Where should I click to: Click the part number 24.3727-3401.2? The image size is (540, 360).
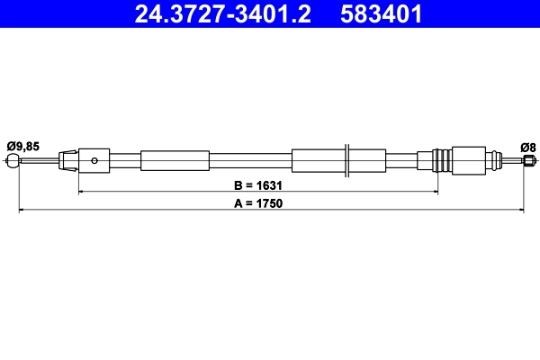coord(224,13)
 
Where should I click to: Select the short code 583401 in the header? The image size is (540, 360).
coord(382,13)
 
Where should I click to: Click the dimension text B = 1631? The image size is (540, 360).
coord(258,185)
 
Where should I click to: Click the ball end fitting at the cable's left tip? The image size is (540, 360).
coord(12,162)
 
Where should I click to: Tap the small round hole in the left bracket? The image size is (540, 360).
coord(94,161)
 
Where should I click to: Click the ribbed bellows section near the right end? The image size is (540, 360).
coord(441,161)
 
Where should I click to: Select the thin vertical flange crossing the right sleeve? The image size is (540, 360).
coord(347,161)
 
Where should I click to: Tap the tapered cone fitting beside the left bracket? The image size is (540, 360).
coord(67,161)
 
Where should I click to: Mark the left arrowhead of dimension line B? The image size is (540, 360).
coord(82,192)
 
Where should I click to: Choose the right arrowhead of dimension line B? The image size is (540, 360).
coord(435,192)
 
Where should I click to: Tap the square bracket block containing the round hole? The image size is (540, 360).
coord(94,161)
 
